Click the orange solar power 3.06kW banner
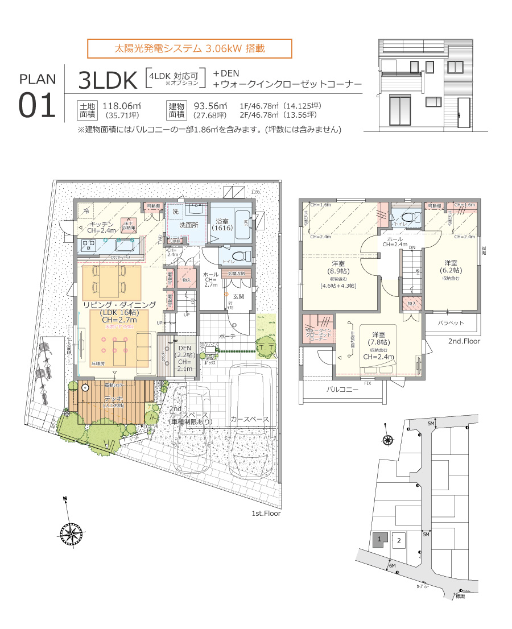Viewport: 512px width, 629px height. pyautogui.click(x=189, y=48)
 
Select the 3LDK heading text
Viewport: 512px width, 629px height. pyautogui.click(x=108, y=81)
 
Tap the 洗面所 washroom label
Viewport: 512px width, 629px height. pyautogui.click(x=188, y=225)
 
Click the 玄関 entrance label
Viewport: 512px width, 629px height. pyautogui.click(x=238, y=296)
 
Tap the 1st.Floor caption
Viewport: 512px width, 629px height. pyautogui.click(x=266, y=513)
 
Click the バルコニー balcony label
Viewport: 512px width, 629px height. pyautogui.click(x=342, y=390)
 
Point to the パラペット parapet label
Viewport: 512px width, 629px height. pyautogui.click(x=451, y=322)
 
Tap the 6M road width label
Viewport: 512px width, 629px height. pyautogui.click(x=393, y=565)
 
